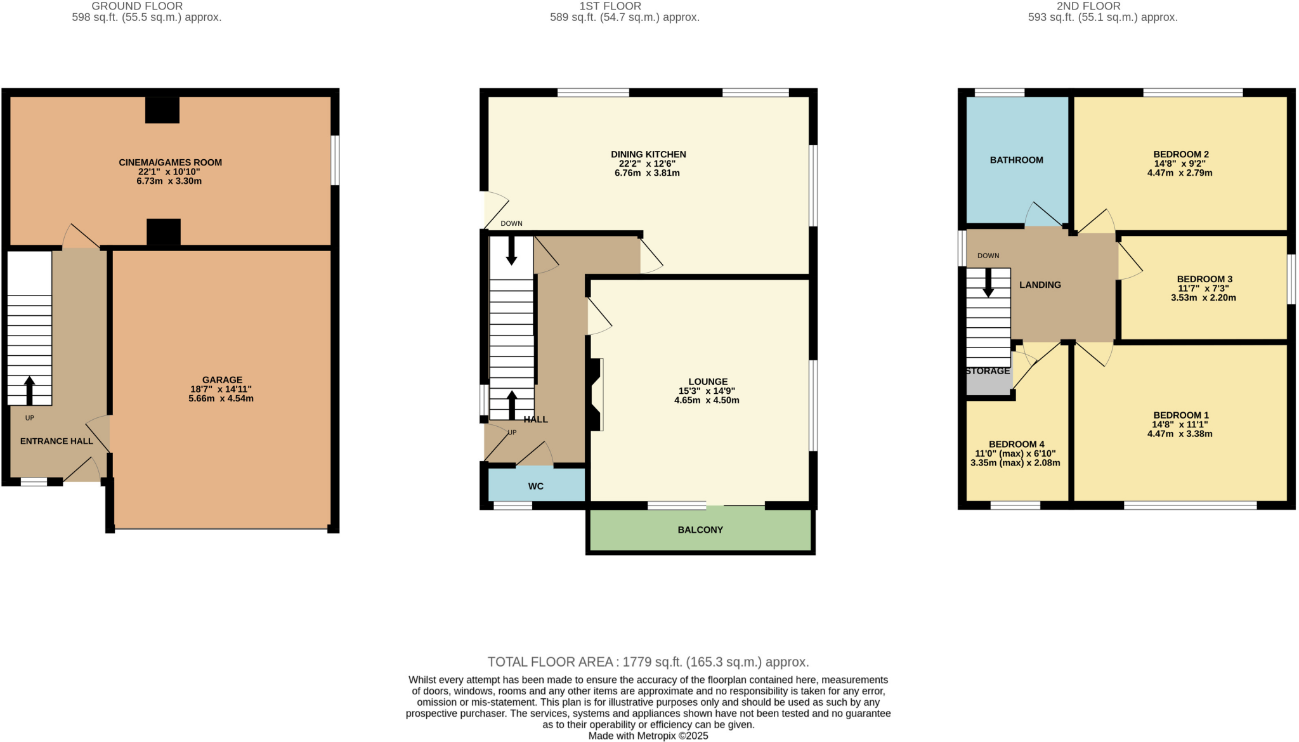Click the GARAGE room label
(222, 380)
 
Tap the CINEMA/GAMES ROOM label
(170, 162)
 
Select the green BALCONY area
(700, 530)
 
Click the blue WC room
(536, 486)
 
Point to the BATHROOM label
(1016, 160)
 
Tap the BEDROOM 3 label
(1204, 279)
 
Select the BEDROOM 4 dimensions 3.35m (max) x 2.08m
(1015, 463)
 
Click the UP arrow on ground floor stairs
(29, 391)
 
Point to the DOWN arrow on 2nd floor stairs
(988, 283)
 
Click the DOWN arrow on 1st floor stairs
(511, 251)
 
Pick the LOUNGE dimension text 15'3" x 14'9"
(707, 391)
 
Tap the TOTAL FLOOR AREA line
(648, 662)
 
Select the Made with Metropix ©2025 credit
(648, 736)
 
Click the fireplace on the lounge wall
(596, 395)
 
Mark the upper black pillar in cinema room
(162, 110)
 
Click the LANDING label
(1040, 285)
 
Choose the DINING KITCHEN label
(648, 154)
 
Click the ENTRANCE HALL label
(56, 441)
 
